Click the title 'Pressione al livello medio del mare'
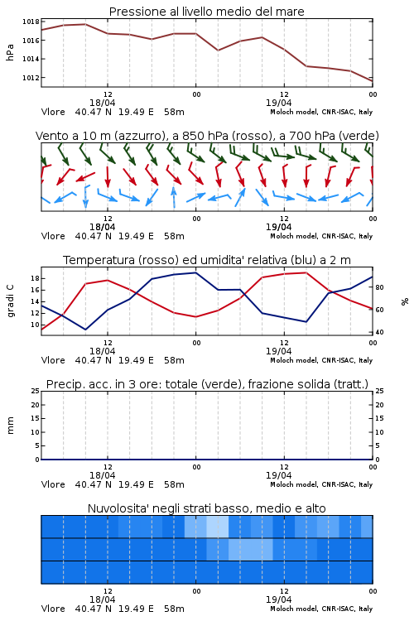coord(206,12)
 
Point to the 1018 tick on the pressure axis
coord(31,22)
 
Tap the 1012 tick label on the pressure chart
coord(31,78)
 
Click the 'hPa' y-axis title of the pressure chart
coord(10,52)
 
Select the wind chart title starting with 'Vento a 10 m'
coord(207,136)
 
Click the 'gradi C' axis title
coord(10,301)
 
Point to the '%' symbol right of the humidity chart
coord(405,301)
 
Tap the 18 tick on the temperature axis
coord(35,278)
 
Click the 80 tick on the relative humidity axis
coord(379,287)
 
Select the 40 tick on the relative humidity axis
coord(379,332)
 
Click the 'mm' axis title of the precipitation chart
coord(10,426)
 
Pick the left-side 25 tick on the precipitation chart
coord(35,391)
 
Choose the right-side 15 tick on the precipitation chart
coord(379,418)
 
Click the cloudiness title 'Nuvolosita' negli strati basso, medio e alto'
coord(206,508)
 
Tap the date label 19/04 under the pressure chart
coord(278,103)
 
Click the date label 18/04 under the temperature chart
coord(102,351)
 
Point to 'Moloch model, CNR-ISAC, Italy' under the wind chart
coord(321,236)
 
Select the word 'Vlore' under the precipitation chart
coord(53,484)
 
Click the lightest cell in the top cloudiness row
coord(218,527)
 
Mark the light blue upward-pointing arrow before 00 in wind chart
coord(174,197)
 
